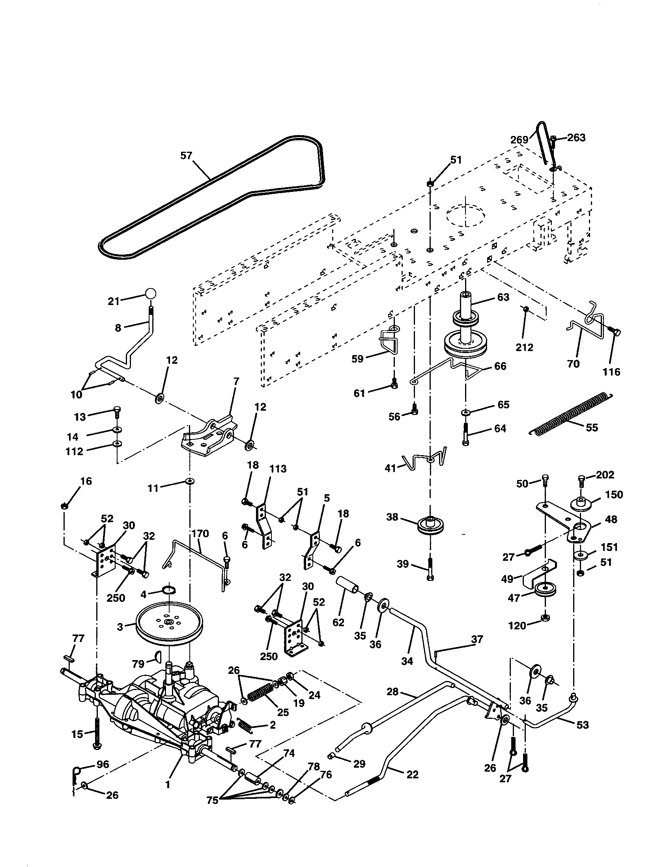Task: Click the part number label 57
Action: click(x=186, y=156)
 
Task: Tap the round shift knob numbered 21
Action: click(x=150, y=294)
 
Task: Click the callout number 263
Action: click(x=576, y=138)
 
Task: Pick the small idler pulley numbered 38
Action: click(x=431, y=525)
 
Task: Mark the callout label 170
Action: click(x=200, y=534)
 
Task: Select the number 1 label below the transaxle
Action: click(x=168, y=785)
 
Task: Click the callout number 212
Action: click(x=524, y=347)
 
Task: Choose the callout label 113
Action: click(x=278, y=469)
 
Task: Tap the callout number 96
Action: click(x=103, y=765)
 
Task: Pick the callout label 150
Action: click(x=614, y=495)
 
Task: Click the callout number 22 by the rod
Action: click(x=412, y=774)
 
